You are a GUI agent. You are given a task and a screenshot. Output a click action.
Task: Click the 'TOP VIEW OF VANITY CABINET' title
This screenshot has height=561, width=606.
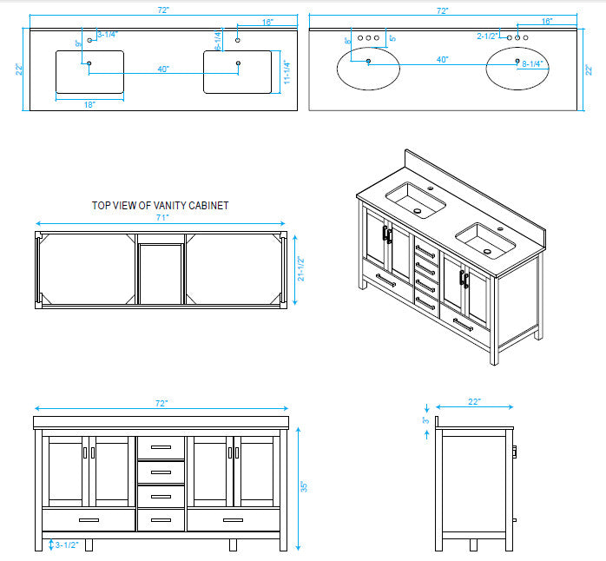coord(160,205)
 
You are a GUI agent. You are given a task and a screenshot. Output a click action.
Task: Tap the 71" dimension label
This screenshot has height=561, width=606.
coord(162,218)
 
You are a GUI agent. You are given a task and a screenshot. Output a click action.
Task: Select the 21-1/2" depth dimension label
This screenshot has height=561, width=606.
coord(301,268)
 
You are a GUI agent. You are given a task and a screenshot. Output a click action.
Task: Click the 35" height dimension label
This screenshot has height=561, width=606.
coord(304,487)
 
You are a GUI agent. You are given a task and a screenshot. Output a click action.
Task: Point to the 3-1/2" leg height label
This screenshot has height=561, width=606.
coord(67,545)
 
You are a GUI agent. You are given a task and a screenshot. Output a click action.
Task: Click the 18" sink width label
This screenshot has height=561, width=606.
coord(89,105)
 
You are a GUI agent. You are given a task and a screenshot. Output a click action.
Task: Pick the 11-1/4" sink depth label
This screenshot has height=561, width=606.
coord(287,72)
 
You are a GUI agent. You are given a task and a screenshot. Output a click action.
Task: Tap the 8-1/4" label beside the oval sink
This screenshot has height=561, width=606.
coord(532,63)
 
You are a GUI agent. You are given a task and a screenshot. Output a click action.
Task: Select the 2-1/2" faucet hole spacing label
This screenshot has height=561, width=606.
coord(487,36)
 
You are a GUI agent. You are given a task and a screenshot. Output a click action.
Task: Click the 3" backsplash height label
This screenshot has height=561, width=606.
coord(426,419)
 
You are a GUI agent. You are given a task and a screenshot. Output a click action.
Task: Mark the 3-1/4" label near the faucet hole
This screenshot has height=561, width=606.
coord(108,35)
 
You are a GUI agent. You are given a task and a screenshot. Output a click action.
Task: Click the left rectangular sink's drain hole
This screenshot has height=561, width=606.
coord(89,63)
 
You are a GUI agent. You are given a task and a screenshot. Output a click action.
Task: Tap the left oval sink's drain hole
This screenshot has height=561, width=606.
coord(368,61)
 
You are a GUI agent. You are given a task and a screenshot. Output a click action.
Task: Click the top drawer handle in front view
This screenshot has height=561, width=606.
coord(161,447)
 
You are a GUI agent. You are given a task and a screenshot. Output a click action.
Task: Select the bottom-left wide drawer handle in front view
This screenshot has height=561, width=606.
coord(89,520)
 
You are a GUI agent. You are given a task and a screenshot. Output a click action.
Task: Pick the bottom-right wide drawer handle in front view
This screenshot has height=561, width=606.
coord(233,520)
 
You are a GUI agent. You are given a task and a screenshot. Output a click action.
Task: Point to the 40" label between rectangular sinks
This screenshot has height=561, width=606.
coord(163,69)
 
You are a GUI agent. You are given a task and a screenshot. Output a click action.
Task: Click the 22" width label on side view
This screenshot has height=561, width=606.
coord(475,402)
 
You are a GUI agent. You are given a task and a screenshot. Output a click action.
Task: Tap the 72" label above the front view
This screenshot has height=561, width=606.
coord(161,403)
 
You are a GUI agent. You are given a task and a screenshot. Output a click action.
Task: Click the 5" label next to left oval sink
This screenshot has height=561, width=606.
coord(392,38)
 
